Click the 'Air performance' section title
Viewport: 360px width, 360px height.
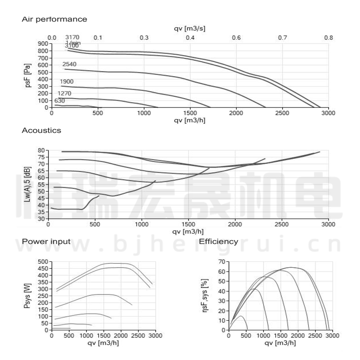[54, 19]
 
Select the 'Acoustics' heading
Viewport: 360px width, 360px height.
[41, 130]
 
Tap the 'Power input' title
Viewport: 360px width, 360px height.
[46, 242]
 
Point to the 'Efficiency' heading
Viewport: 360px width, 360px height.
[219, 242]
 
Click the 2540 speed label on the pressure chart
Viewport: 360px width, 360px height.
[69, 64]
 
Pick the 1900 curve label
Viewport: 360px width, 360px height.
[67, 81]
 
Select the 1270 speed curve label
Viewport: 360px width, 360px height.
[64, 94]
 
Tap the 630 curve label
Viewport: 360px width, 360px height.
[60, 101]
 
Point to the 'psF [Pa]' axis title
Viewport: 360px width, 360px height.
[28, 76]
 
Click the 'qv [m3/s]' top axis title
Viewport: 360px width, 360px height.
[190, 29]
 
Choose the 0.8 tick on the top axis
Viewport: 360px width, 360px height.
[328, 37]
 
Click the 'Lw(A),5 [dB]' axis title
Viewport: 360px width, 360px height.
[28, 184]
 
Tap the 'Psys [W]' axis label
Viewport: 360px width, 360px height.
[28, 295]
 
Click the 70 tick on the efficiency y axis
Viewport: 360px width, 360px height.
[221, 261]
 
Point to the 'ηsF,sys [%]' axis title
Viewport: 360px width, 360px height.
[206, 295]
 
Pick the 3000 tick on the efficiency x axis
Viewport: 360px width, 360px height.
[333, 336]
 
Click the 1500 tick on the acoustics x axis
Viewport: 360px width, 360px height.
[189, 224]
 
